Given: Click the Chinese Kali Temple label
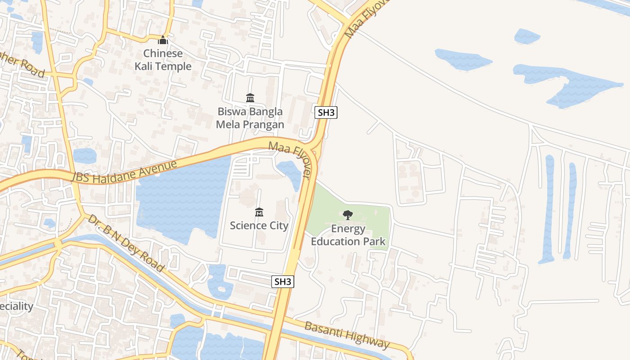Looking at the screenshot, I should tap(163, 60).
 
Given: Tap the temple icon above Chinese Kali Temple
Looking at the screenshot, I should tap(163, 40).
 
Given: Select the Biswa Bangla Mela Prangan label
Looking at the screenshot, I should tap(250, 118).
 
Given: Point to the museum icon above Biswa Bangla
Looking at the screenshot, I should tap(250, 98).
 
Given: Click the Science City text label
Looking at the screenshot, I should tap(259, 225).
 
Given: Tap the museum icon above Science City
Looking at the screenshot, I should tap(259, 212).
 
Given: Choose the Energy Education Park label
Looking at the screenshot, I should tap(348, 235).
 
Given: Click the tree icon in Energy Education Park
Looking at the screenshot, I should tap(347, 215).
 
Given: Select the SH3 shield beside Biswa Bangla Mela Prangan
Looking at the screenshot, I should tap(327, 112).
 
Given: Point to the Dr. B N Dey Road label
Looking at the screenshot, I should tap(126, 243).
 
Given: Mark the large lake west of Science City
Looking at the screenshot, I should tap(180, 198).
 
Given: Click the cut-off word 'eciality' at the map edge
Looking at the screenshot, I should tap(17, 306).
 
